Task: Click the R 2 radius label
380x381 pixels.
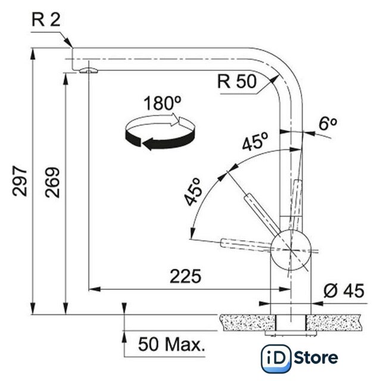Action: pyautogui.click(x=46, y=20)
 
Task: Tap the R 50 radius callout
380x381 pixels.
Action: pyautogui.click(x=237, y=82)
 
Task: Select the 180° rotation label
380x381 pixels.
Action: pyautogui.click(x=163, y=103)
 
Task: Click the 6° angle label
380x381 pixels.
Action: pyautogui.click(x=328, y=123)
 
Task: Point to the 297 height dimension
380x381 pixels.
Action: pyautogui.click(x=20, y=181)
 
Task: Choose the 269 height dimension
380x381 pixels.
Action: pyautogui.click(x=52, y=182)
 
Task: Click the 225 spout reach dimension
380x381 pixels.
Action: pyautogui.click(x=185, y=276)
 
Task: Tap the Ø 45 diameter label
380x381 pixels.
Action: pyautogui.click(x=344, y=290)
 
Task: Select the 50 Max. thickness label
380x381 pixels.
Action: pyautogui.click(x=172, y=344)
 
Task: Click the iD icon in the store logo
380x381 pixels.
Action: pyautogui.click(x=276, y=358)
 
